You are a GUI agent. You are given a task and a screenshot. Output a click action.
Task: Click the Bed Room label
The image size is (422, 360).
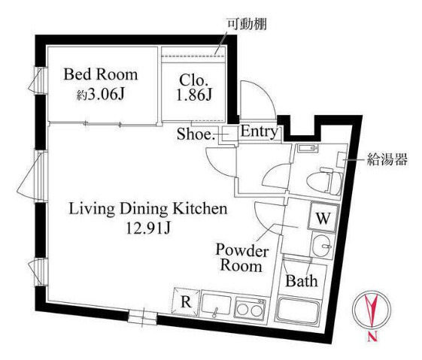[x=101, y=74]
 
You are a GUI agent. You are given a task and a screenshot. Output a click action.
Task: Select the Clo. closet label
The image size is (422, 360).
[x=193, y=78]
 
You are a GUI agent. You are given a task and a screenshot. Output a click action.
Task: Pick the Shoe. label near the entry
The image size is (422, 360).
[x=196, y=135]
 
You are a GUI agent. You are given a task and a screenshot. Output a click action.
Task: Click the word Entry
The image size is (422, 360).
[x=260, y=133]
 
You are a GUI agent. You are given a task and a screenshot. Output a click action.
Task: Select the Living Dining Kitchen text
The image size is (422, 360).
[x=148, y=208]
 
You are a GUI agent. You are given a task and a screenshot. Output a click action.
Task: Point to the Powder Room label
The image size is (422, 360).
[x=238, y=257]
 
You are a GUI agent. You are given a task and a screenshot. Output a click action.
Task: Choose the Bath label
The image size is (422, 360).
[x=301, y=280]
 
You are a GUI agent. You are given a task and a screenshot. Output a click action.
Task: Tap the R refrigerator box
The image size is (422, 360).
[x=185, y=304]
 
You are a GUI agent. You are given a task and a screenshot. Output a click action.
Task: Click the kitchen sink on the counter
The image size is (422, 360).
[x=217, y=307]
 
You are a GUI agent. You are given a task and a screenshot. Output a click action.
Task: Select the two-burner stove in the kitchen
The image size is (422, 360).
[x=250, y=307]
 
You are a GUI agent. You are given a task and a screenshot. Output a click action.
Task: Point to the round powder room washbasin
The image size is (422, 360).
[x=322, y=244]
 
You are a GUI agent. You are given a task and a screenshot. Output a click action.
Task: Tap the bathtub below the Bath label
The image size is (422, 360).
[x=302, y=310]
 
